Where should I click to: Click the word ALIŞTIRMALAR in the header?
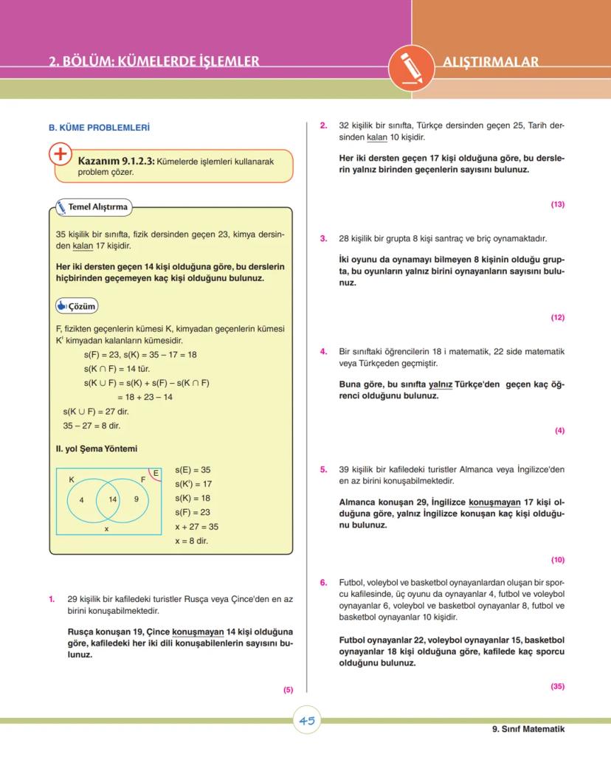(x=491, y=62)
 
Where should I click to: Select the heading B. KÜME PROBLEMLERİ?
(x=99, y=128)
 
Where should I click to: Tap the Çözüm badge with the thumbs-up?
(x=77, y=306)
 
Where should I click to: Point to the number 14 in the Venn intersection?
(x=112, y=500)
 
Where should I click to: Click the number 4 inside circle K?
(x=81, y=500)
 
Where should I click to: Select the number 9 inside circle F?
(x=137, y=500)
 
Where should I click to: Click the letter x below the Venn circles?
(x=106, y=528)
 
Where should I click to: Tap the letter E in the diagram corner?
(x=156, y=472)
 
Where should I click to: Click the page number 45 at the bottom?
(x=308, y=721)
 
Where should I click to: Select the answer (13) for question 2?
(x=557, y=204)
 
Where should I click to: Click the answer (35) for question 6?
(x=557, y=686)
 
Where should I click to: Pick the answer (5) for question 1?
(x=288, y=690)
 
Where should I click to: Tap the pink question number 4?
(x=323, y=351)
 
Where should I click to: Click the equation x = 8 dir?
(x=191, y=541)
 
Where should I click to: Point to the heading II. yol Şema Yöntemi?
(x=97, y=448)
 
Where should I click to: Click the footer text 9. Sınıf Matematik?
(x=528, y=729)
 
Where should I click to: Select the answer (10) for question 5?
(x=557, y=559)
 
